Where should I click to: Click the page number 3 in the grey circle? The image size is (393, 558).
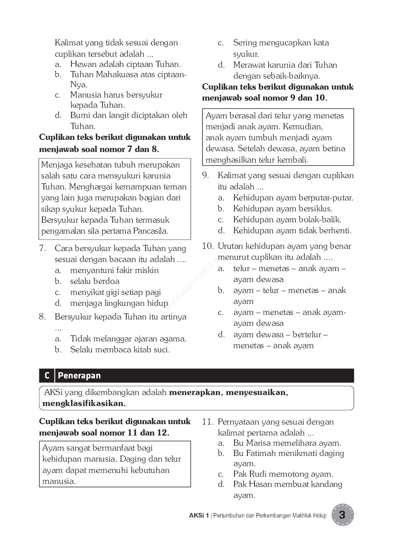pyautogui.click(x=342, y=515)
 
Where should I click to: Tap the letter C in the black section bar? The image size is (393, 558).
pyautogui.click(x=47, y=375)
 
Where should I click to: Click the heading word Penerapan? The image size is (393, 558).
pyautogui.click(x=79, y=375)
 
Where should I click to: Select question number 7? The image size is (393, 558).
pyautogui.click(x=42, y=248)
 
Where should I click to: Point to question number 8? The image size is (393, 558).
pyautogui.click(x=42, y=317)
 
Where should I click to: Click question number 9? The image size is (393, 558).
pyautogui.click(x=205, y=175)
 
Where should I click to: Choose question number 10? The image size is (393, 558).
pyautogui.click(x=208, y=246)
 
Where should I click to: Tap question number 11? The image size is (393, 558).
pyautogui.click(x=208, y=422)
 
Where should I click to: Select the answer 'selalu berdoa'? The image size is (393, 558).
pyautogui.click(x=95, y=281)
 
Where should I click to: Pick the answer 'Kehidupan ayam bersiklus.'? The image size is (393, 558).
pyautogui.click(x=283, y=209)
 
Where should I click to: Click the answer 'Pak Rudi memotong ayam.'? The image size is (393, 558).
pyautogui.click(x=283, y=474)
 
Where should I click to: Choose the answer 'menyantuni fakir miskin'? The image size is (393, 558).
pyautogui.click(x=114, y=270)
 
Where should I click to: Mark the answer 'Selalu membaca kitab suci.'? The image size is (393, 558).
pyautogui.click(x=120, y=350)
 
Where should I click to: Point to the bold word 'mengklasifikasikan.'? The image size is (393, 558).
pyautogui.click(x=84, y=403)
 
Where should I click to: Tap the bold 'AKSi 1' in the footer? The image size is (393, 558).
pyautogui.click(x=199, y=515)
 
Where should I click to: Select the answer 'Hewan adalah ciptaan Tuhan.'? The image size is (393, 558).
pyautogui.click(x=126, y=64)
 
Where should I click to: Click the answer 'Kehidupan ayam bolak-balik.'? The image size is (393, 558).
pyautogui.click(x=287, y=220)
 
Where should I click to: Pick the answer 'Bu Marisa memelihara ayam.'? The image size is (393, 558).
pyautogui.click(x=287, y=443)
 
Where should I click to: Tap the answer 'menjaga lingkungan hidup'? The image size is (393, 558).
pyautogui.click(x=119, y=303)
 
